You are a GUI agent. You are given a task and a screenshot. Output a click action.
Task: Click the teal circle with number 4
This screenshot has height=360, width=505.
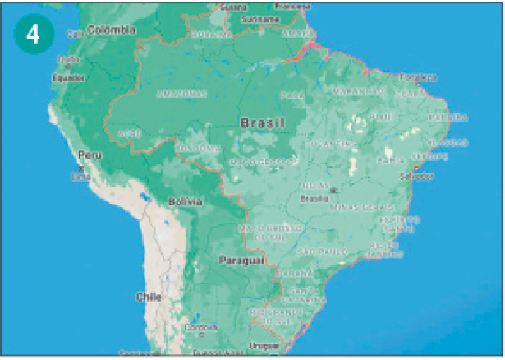[x=33, y=35]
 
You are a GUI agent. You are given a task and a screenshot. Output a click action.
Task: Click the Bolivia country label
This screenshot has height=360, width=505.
[x=185, y=201]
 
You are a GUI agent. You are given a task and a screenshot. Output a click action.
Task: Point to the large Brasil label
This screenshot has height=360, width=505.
[x=263, y=122]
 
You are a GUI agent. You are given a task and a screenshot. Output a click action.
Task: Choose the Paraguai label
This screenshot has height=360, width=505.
[x=241, y=260]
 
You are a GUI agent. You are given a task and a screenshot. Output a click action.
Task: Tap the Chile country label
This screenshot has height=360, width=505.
[x=150, y=297]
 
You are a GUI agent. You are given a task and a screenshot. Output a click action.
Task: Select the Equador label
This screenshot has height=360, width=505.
[x=68, y=77]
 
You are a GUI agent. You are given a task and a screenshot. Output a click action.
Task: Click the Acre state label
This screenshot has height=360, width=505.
[x=128, y=132]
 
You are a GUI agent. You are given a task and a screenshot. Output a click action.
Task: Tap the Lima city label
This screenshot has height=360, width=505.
[x=81, y=175]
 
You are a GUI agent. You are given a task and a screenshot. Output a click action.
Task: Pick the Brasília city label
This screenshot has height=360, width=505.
[x=315, y=198]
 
